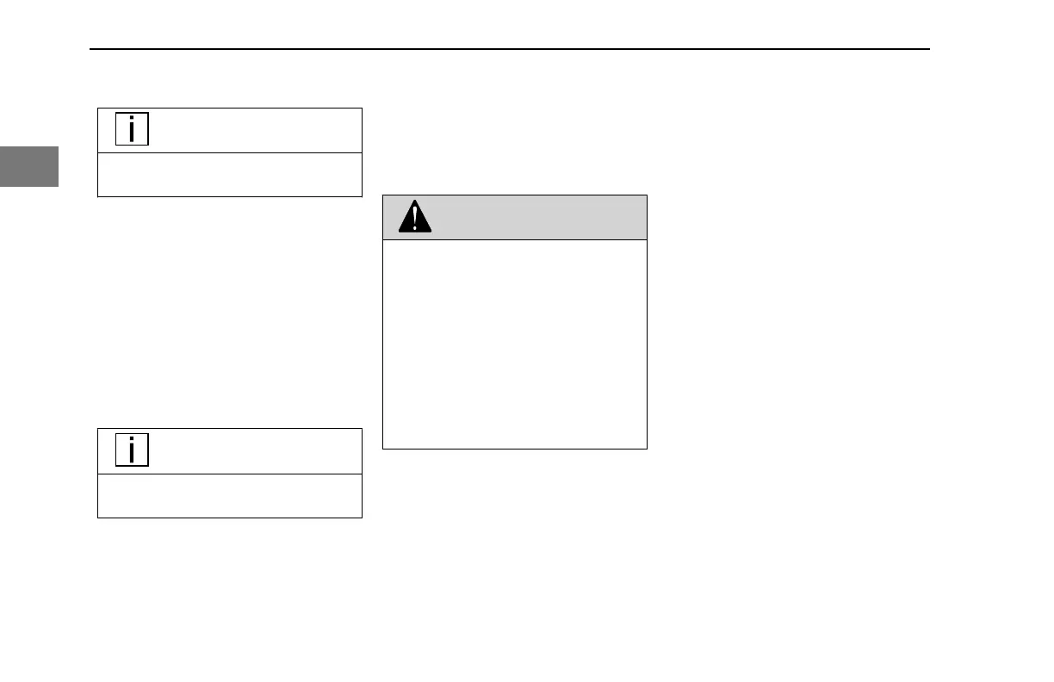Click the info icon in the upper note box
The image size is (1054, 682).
pyautogui.click(x=132, y=129)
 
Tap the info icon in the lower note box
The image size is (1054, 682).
pyautogui.click(x=132, y=449)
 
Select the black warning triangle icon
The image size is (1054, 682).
pyautogui.click(x=415, y=218)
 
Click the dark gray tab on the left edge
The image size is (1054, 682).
pyautogui.click(x=28, y=166)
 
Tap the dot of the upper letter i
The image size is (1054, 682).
pyautogui.click(x=132, y=118)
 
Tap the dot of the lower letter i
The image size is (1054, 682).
pyautogui.click(x=132, y=438)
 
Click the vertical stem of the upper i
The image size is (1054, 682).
pyautogui.click(x=132, y=133)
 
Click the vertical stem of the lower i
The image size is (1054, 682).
pyautogui.click(x=132, y=454)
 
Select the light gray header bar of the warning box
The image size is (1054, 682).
pyautogui.click(x=534, y=217)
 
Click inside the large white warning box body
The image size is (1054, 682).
pyautogui.click(x=514, y=344)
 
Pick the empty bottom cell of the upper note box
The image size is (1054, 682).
pyautogui.click(x=229, y=175)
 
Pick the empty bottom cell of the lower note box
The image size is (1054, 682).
pyautogui.click(x=229, y=495)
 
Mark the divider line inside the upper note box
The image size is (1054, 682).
pyautogui.click(x=229, y=153)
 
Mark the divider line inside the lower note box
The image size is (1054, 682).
pyautogui.click(x=229, y=474)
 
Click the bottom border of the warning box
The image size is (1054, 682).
pyautogui.click(x=514, y=449)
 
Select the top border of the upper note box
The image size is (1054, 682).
pyautogui.click(x=229, y=108)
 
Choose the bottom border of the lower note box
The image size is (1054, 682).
pyautogui.click(x=229, y=518)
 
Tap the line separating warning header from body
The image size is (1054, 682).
pyautogui.click(x=514, y=239)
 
